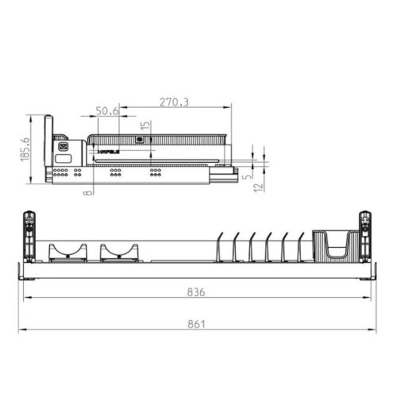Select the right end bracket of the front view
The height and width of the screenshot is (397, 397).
point(365,236)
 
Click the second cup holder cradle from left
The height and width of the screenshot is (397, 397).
point(118,252)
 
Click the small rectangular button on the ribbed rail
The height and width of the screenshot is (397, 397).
point(141,139)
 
